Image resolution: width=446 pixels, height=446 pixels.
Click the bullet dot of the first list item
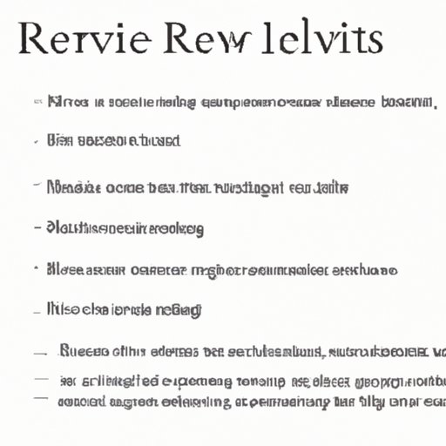pyautogui.click(x=37, y=104)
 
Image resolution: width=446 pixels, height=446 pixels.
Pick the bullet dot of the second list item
pyautogui.click(x=37, y=140)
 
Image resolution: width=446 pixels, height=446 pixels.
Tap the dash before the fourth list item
pyautogui.click(x=37, y=228)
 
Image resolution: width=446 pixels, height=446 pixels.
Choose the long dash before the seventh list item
pyautogui.click(x=41, y=353)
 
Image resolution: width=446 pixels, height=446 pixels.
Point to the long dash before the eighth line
pyautogui.click(x=40, y=379)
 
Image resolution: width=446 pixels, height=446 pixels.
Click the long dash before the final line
pyautogui.click(x=41, y=400)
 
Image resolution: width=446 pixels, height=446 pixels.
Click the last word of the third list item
pyautogui.click(x=330, y=186)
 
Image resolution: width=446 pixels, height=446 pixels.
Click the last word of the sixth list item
pyautogui.click(x=178, y=309)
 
